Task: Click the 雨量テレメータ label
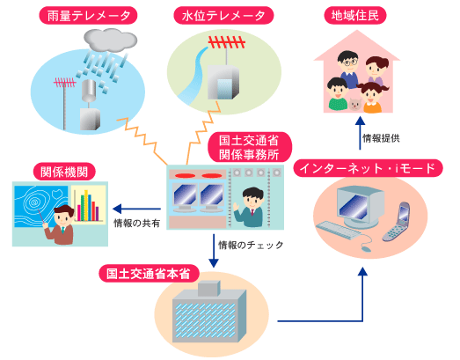click(88, 16)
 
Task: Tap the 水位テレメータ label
click(223, 16)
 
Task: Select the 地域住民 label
click(355, 16)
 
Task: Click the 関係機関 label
click(64, 172)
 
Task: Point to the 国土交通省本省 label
click(149, 274)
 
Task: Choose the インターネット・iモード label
click(368, 168)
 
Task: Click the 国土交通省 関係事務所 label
click(249, 147)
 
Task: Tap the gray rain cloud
click(110, 40)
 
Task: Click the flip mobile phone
click(397, 222)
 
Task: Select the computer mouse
click(366, 248)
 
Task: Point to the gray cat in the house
click(355, 104)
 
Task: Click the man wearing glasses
click(348, 69)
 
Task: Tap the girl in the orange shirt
click(372, 98)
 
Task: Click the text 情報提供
click(381, 138)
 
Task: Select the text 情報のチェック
click(251, 245)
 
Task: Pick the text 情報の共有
click(136, 224)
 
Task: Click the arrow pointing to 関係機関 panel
click(136, 209)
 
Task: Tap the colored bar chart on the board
click(88, 206)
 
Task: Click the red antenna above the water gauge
click(226, 43)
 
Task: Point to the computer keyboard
click(339, 230)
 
